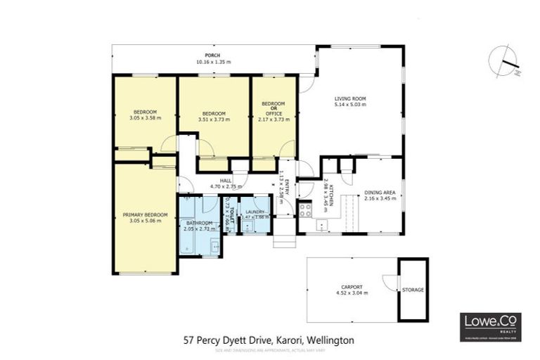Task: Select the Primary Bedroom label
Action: click(145, 214)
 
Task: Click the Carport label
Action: click(352, 287)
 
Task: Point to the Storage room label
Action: click(413, 290)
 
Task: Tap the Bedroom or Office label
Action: click(274, 108)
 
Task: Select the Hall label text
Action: click(226, 181)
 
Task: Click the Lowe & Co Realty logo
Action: click(491, 326)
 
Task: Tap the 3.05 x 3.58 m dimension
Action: click(145, 118)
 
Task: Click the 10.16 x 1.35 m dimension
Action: click(214, 62)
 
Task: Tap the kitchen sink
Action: click(321, 226)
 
